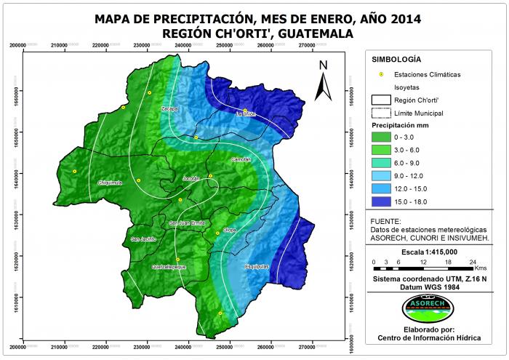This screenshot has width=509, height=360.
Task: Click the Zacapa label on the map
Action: (x=169, y=108)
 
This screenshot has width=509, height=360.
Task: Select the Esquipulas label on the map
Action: (x=257, y=266)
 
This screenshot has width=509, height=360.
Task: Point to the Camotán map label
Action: (x=241, y=159)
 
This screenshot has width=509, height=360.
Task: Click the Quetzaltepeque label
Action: (x=169, y=267)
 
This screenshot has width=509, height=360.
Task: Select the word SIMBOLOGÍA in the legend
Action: (x=396, y=59)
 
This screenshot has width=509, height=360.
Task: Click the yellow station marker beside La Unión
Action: (x=245, y=110)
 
